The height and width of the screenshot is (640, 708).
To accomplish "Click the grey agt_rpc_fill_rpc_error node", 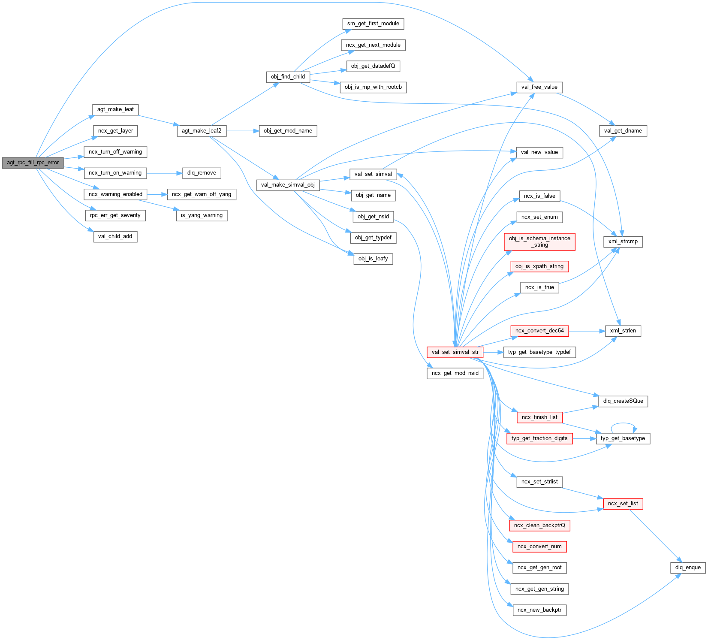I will [33, 163].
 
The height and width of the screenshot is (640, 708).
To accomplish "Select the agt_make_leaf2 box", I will [202, 131].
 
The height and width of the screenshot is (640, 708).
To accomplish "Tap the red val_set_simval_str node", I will [455, 352].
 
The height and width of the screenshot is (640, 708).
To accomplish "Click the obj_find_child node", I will [288, 77].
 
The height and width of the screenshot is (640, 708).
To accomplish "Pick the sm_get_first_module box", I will [373, 24].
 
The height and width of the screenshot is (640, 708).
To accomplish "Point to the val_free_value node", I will [539, 87].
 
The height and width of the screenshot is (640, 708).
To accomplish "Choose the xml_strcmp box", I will [623, 242].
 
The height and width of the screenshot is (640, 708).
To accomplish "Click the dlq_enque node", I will [687, 568].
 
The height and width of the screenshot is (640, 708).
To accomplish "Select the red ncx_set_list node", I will [623, 504].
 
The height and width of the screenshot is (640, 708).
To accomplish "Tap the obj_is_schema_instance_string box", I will [539, 242].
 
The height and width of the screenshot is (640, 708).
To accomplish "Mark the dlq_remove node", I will [202, 173].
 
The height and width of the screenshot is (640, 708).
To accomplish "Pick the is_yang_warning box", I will [202, 215].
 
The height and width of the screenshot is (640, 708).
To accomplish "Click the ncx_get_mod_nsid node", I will [455, 373].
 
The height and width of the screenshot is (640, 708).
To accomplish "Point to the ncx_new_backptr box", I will [539, 610].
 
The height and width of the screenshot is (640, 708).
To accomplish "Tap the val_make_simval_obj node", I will [288, 185].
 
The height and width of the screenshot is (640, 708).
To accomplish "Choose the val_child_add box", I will [115, 236].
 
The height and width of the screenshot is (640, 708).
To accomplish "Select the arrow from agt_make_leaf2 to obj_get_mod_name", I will [242, 131].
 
